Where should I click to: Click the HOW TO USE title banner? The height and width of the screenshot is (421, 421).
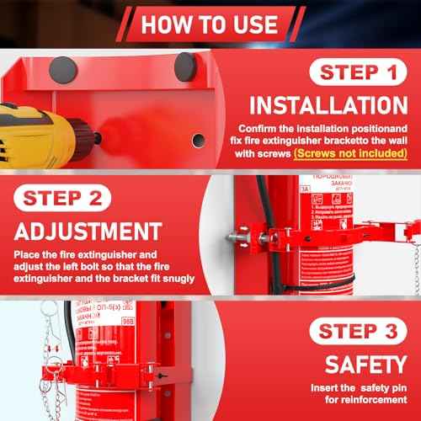coord(210,22)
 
